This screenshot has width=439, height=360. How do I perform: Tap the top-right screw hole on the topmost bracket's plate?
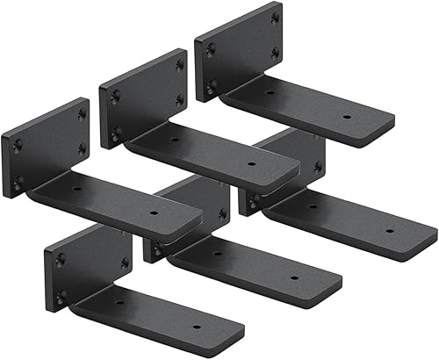275,17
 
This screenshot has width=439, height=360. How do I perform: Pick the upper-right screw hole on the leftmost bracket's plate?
82,113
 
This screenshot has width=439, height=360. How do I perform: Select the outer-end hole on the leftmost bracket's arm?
154,212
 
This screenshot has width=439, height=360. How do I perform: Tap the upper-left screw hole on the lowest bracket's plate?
61,260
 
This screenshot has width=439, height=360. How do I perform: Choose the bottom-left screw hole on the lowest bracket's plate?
61,296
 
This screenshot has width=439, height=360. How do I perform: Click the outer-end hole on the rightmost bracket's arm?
389,231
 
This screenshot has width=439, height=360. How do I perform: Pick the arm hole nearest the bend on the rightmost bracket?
312,207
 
